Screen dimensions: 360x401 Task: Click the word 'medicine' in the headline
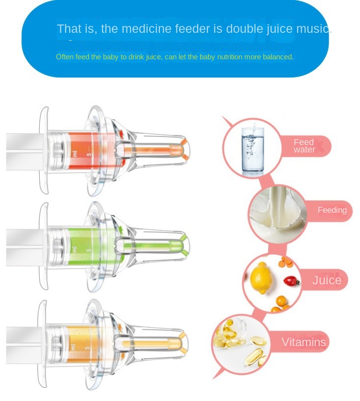pyautogui.click(x=146, y=28)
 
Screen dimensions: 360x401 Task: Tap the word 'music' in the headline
pyautogui.click(x=312, y=28)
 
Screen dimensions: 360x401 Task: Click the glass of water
pyautogui.click(x=253, y=149)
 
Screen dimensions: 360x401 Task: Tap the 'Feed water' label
pyautogui.click(x=304, y=146)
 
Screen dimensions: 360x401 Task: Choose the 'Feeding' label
pyautogui.click(x=332, y=210)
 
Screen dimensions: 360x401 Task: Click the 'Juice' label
pyautogui.click(x=327, y=280)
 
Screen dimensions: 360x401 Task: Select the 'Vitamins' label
pyautogui.click(x=304, y=342)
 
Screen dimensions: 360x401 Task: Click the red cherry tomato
pyautogui.click(x=292, y=281)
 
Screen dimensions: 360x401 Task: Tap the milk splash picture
pyautogui.click(x=278, y=214)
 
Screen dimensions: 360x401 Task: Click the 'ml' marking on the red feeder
pyautogui.click(x=75, y=154)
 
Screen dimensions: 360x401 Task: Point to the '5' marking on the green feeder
pyautogui.click(x=89, y=250)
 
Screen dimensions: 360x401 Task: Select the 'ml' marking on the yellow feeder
pyautogui.click(x=73, y=347)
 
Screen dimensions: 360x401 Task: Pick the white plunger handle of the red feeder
pyautogui.click(x=25, y=151)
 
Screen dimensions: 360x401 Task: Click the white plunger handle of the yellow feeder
pyautogui.click(x=25, y=345)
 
